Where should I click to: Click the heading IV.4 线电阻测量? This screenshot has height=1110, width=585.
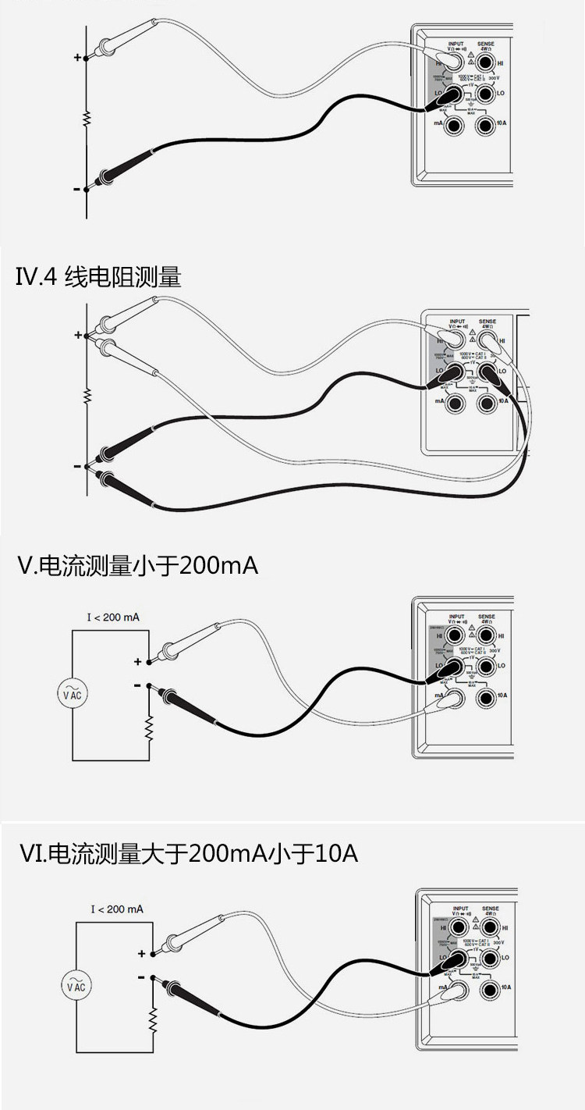(x=98, y=277)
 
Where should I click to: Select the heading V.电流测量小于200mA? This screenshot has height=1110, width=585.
(x=137, y=565)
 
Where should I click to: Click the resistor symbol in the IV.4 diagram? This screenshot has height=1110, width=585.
(x=87, y=397)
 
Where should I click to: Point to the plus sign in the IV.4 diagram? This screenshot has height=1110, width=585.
(x=77, y=336)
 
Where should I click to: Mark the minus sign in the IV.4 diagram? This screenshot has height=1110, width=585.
(x=76, y=466)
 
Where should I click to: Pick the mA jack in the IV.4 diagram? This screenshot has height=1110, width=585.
(x=455, y=402)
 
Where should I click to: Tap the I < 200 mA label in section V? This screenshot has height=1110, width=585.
(x=113, y=617)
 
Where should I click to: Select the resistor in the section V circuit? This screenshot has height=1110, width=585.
(x=148, y=728)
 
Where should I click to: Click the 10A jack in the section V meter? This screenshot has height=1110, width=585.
(x=484, y=695)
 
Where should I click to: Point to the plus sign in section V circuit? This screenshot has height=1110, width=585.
(x=138, y=662)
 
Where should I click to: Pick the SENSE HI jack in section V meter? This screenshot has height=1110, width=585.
(x=484, y=637)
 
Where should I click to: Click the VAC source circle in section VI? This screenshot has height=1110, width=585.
(x=76, y=986)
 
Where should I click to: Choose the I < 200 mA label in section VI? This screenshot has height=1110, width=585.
(x=117, y=909)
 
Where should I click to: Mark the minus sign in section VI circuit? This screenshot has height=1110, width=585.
(x=141, y=977)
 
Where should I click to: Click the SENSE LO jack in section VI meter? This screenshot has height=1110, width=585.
(x=489, y=958)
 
